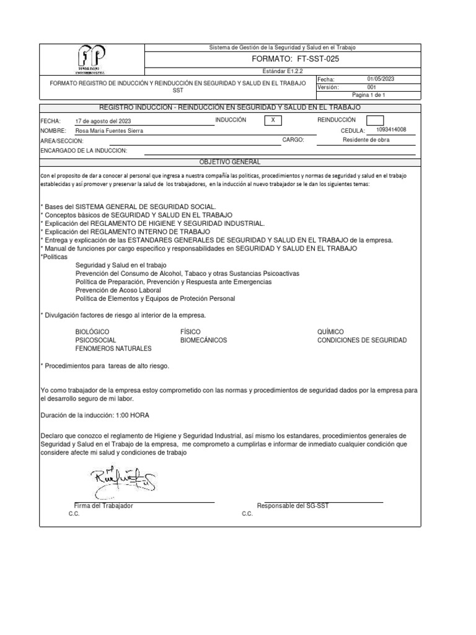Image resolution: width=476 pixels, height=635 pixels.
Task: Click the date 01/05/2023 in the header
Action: pos(381,79)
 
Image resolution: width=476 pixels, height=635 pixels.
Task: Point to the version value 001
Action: pos(372,87)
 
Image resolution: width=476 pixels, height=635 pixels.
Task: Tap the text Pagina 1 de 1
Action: pos(368,95)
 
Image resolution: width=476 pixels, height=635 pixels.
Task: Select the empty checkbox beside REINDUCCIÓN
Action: pos(371,120)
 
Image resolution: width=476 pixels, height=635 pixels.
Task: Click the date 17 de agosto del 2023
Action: pos(103,121)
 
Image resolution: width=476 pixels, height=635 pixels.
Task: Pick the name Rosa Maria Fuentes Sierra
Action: pos(112,131)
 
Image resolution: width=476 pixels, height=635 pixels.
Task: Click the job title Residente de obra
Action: pos(366,140)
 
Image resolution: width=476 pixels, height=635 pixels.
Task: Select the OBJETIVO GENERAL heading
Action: pos(230,162)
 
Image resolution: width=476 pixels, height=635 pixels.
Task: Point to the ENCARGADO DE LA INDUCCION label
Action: pos(84,151)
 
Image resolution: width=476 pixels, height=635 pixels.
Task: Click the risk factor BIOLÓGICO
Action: pos(92,332)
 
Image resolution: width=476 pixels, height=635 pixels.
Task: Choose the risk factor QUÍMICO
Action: pos(330,332)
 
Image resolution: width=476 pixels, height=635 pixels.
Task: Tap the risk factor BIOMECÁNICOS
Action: pos(203,340)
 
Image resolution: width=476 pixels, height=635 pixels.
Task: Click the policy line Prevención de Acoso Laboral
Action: pos(118,290)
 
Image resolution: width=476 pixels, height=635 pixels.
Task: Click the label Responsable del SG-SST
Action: pos(293,505)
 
